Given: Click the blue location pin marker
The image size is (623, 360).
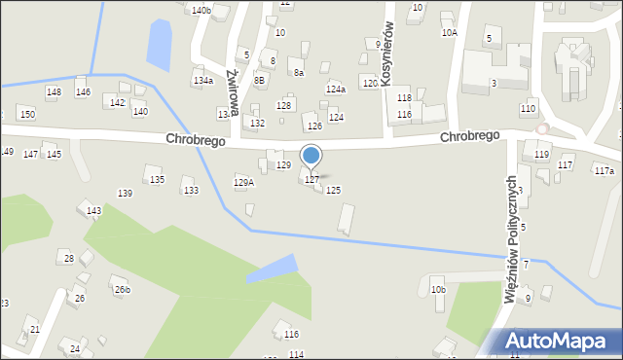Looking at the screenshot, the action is [x=311, y=156].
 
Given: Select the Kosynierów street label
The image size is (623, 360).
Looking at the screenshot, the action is [x=387, y=54].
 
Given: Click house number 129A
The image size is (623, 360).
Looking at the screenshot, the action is [x=244, y=182].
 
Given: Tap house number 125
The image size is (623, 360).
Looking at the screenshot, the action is [x=333, y=190].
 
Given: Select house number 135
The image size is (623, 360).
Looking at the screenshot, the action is [x=157, y=180].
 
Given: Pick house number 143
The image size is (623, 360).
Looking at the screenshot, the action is [x=93, y=211].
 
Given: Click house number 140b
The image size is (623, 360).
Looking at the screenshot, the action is [x=201, y=10].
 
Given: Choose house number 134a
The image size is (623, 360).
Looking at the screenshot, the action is [x=202, y=81].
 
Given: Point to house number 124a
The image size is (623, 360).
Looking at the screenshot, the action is [x=336, y=89].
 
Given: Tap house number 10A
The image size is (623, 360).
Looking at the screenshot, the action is [x=449, y=32].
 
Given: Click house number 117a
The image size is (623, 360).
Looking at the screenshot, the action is [x=605, y=170].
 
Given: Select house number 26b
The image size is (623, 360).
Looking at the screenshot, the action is [x=122, y=290].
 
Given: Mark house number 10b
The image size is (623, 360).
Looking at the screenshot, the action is [x=438, y=289].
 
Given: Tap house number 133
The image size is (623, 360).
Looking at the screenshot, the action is [x=191, y=190].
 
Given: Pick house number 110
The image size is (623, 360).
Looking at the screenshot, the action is [x=529, y=108].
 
